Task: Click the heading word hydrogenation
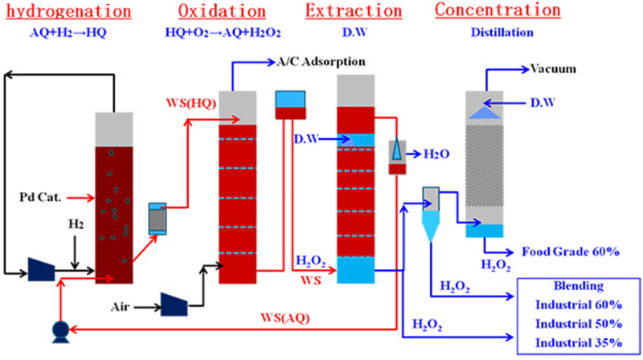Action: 67,12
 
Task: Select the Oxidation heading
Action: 222,12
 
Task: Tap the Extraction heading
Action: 354,11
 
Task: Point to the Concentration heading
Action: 498,10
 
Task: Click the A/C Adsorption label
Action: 321,62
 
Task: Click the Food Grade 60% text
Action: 571,252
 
